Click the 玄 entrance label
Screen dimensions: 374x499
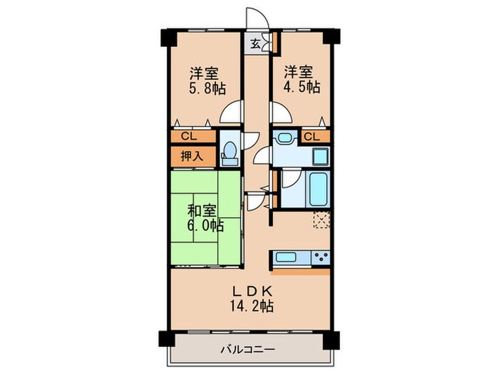point(254,43)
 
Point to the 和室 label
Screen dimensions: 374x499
point(202,211)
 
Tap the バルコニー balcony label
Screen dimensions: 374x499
point(247,349)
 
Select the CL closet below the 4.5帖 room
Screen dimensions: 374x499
point(312,135)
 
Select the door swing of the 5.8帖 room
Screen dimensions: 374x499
point(230,113)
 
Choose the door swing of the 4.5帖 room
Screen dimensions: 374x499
point(278,112)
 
